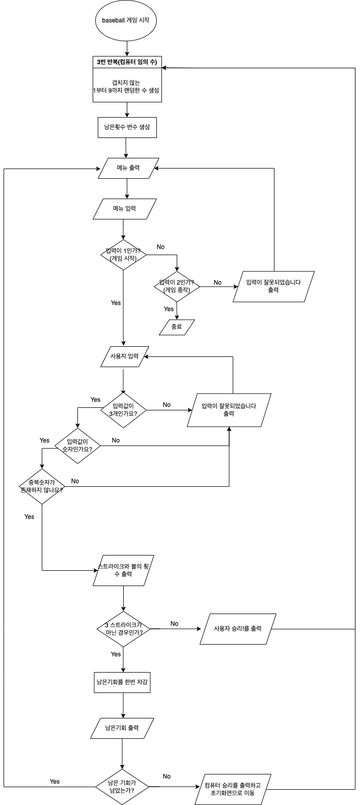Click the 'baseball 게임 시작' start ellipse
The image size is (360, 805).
pos(125,21)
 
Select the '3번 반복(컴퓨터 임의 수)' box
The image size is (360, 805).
pos(126,62)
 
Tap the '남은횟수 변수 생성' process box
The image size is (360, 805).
pos(127,127)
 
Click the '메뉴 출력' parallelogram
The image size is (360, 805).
pos(128,168)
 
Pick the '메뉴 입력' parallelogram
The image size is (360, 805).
pos(125,209)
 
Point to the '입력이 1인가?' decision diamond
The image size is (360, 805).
pos(124,255)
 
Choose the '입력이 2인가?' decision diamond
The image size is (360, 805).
pos(177,286)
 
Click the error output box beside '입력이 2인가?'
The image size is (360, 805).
pos(273,287)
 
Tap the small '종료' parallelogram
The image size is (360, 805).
pos(177,327)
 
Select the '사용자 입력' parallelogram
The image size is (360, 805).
pos(125,356)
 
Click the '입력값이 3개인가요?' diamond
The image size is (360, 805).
pos(124,410)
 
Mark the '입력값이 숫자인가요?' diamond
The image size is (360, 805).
pos(77,446)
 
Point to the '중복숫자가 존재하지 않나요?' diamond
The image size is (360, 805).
pos(42,486)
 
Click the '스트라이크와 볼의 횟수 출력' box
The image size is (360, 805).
pos(124,570)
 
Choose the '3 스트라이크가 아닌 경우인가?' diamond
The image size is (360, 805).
pos(124,629)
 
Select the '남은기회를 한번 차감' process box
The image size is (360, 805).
pos(122,682)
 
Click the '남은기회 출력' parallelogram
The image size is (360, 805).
pos(122,728)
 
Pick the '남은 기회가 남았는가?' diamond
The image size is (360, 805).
pos(122,787)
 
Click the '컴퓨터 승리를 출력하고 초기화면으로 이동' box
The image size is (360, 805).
pos(232,789)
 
